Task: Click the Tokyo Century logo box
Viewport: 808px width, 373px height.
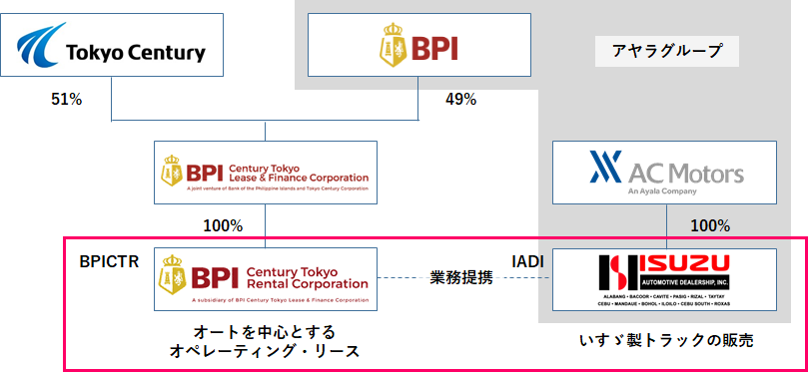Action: pyautogui.click(x=110, y=49)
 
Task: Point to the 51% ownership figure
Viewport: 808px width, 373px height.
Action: pyautogui.click(x=66, y=100)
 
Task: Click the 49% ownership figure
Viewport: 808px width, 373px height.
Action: pyautogui.click(x=459, y=100)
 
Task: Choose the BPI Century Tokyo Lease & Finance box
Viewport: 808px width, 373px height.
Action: pyautogui.click(x=264, y=172)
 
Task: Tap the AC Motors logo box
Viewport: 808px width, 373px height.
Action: pyautogui.click(x=663, y=172)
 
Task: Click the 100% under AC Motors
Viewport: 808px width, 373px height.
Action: pyautogui.click(x=710, y=225)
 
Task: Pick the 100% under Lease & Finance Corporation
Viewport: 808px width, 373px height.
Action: pyautogui.click(x=223, y=225)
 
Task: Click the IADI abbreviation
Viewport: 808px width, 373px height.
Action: pyautogui.click(x=527, y=262)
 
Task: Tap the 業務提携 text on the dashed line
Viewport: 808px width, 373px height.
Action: pyautogui.click(x=461, y=277)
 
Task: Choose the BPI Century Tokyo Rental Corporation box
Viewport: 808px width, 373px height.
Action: pyautogui.click(x=264, y=278)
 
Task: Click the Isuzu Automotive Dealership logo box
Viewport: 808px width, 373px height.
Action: pyautogui.click(x=663, y=278)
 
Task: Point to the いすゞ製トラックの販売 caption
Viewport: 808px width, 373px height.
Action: pyautogui.click(x=666, y=341)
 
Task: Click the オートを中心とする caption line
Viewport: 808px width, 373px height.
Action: pyautogui.click(x=265, y=330)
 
